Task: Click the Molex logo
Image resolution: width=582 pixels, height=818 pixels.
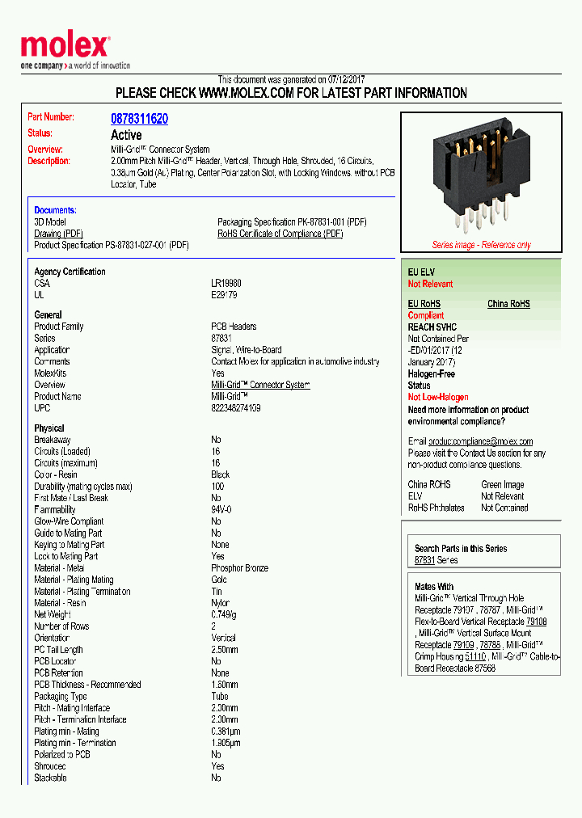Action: tap(65, 47)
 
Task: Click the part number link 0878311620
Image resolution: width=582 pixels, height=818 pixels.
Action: tap(139, 119)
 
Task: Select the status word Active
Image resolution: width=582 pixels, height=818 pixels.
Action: tap(126, 135)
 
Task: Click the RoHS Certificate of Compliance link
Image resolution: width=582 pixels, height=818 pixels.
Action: tap(280, 234)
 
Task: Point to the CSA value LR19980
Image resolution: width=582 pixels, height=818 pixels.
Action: tap(226, 284)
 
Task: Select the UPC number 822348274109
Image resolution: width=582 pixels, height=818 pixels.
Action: tap(236, 408)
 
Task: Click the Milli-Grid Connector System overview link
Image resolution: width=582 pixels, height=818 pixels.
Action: tap(260, 385)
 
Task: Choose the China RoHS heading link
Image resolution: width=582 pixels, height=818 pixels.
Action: tap(508, 304)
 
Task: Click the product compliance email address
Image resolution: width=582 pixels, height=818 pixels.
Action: tap(480, 441)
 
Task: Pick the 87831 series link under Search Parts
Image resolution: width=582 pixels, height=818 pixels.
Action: tap(424, 560)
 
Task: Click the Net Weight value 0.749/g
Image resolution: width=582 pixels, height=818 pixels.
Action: tap(225, 614)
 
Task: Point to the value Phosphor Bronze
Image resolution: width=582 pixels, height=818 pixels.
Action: tap(239, 568)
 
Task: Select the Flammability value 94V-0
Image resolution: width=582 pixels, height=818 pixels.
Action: tap(221, 510)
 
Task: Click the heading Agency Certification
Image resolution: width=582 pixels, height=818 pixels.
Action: tap(70, 272)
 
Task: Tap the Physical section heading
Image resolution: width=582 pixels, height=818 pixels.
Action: tap(49, 428)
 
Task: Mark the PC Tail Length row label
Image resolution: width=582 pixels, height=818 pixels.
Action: tap(58, 650)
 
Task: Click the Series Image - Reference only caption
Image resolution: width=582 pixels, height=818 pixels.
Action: tap(481, 245)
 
